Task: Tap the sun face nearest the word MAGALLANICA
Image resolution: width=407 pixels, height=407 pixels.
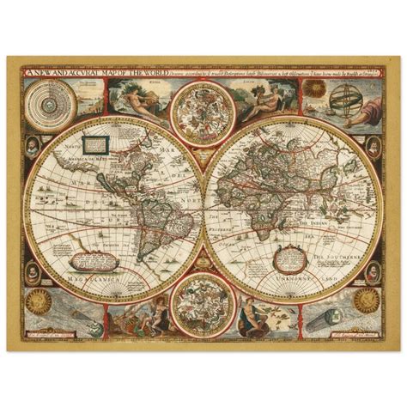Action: click(x=38, y=300)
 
